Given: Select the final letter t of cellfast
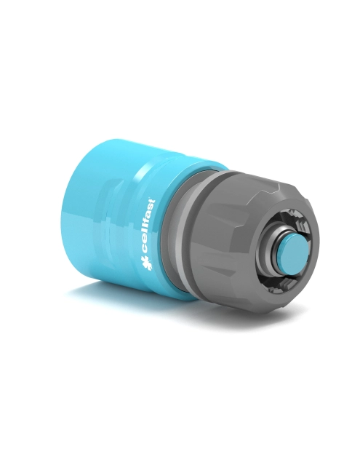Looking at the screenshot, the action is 151,202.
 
